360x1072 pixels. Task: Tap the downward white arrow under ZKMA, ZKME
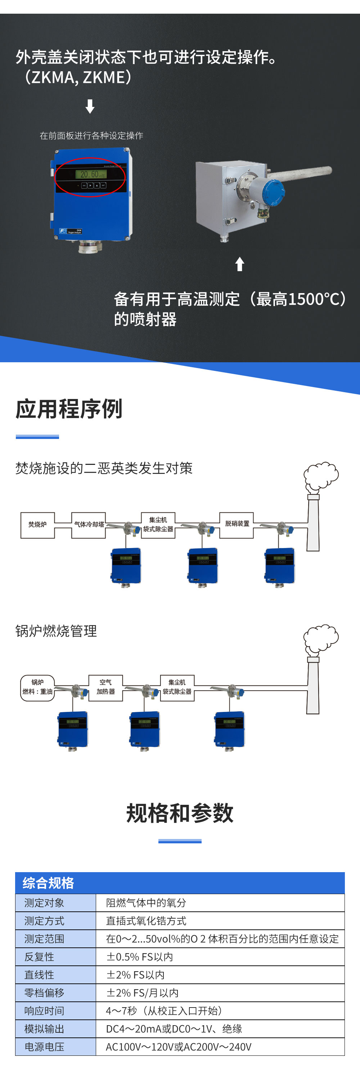pos(90,106)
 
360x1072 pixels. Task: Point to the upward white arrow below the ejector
pos(239,264)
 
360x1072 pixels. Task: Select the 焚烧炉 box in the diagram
pos(37,525)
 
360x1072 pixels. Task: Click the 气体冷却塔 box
pos(89,525)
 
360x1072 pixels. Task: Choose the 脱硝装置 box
pos(237,524)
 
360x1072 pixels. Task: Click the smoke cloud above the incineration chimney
pos(321,476)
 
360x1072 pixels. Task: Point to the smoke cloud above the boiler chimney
pos(321,638)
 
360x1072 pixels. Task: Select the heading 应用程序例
pos(69,409)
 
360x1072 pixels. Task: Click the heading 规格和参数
pos(180,813)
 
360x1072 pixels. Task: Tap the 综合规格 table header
pos(48,883)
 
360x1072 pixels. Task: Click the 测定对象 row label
pos(44,903)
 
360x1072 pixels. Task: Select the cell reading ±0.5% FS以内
pos(139,957)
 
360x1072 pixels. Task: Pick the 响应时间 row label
pos(44,1011)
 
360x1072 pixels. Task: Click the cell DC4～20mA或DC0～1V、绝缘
pos(174,1029)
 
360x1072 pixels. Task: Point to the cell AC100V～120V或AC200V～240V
pos(179,1047)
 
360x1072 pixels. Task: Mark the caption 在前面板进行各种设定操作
pos(91,136)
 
